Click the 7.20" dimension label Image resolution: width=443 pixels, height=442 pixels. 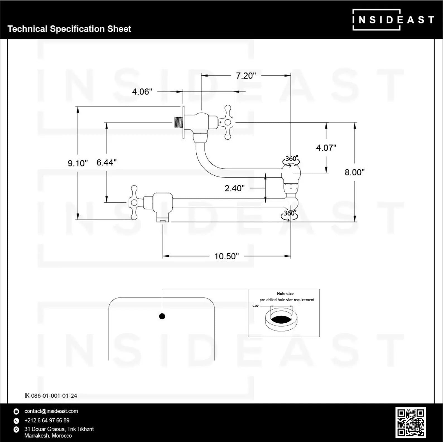[246, 76]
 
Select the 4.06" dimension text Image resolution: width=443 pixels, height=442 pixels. [142, 91]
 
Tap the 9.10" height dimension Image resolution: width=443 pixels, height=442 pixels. [78, 163]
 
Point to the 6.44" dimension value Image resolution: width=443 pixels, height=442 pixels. [106, 162]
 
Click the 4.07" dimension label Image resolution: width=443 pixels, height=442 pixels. [326, 148]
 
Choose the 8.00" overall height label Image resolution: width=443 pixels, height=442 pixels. [355, 172]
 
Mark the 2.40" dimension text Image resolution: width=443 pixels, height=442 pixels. [235, 188]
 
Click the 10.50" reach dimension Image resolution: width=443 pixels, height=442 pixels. [227, 256]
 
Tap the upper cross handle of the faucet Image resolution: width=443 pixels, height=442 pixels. [228, 122]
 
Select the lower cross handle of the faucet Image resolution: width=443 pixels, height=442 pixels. [134, 202]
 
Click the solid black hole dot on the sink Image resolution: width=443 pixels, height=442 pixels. [162, 316]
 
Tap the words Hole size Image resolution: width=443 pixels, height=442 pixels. [285, 294]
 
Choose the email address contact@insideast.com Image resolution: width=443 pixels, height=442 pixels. [51, 411]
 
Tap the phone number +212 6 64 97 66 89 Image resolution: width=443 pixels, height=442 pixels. [47, 420]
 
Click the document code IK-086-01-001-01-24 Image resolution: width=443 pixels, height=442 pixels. [51, 395]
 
